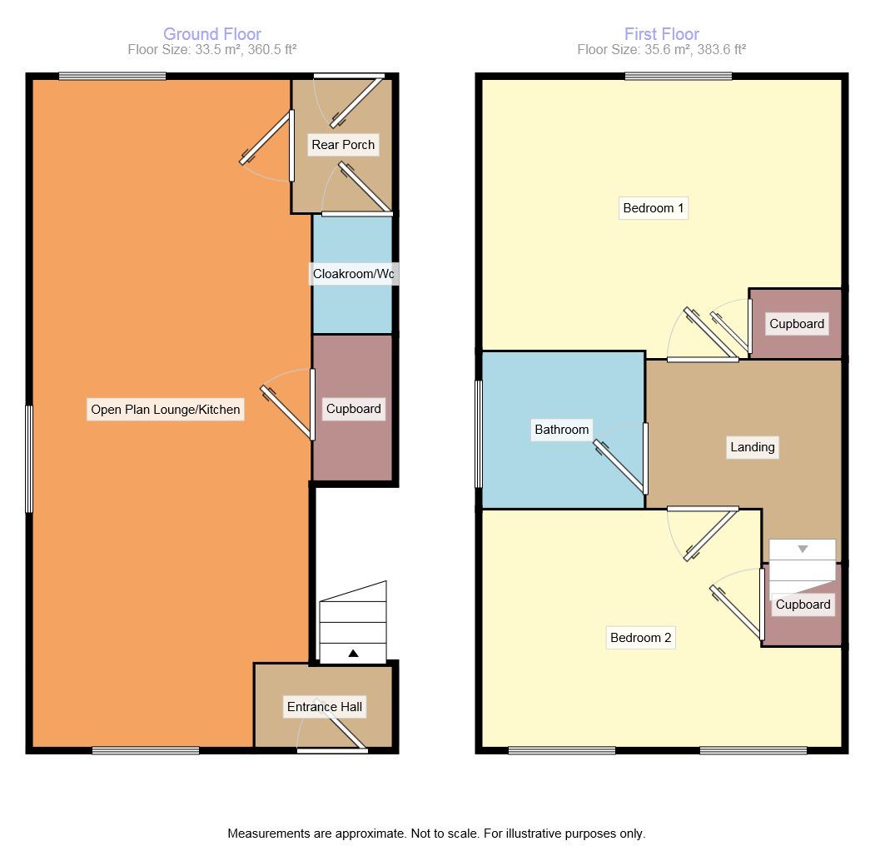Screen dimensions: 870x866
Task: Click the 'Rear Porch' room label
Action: coord(343,145)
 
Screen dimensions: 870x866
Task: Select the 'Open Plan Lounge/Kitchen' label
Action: coord(166,409)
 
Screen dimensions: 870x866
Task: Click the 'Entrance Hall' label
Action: coord(325,707)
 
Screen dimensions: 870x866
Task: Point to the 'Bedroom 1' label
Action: coord(654,208)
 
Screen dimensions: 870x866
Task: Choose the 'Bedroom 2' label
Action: coord(640,638)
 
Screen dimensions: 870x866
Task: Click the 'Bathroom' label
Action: coord(562,430)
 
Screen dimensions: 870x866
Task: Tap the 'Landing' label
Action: coord(752,447)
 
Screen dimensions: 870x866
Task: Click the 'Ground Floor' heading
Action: coord(211,34)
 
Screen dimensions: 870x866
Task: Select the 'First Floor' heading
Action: coord(661,34)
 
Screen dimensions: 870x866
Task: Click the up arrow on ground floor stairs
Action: coord(353,654)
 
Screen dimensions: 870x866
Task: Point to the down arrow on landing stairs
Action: coord(803,550)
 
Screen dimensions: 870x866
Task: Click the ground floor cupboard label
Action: coord(353,409)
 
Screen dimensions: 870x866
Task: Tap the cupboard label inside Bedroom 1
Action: coord(797,324)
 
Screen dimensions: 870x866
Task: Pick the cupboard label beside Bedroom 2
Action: coord(803,605)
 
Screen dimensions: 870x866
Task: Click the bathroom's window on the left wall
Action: coord(479,434)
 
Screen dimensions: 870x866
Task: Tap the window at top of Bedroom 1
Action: coord(679,77)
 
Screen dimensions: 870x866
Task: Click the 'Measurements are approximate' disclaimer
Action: coord(436,833)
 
